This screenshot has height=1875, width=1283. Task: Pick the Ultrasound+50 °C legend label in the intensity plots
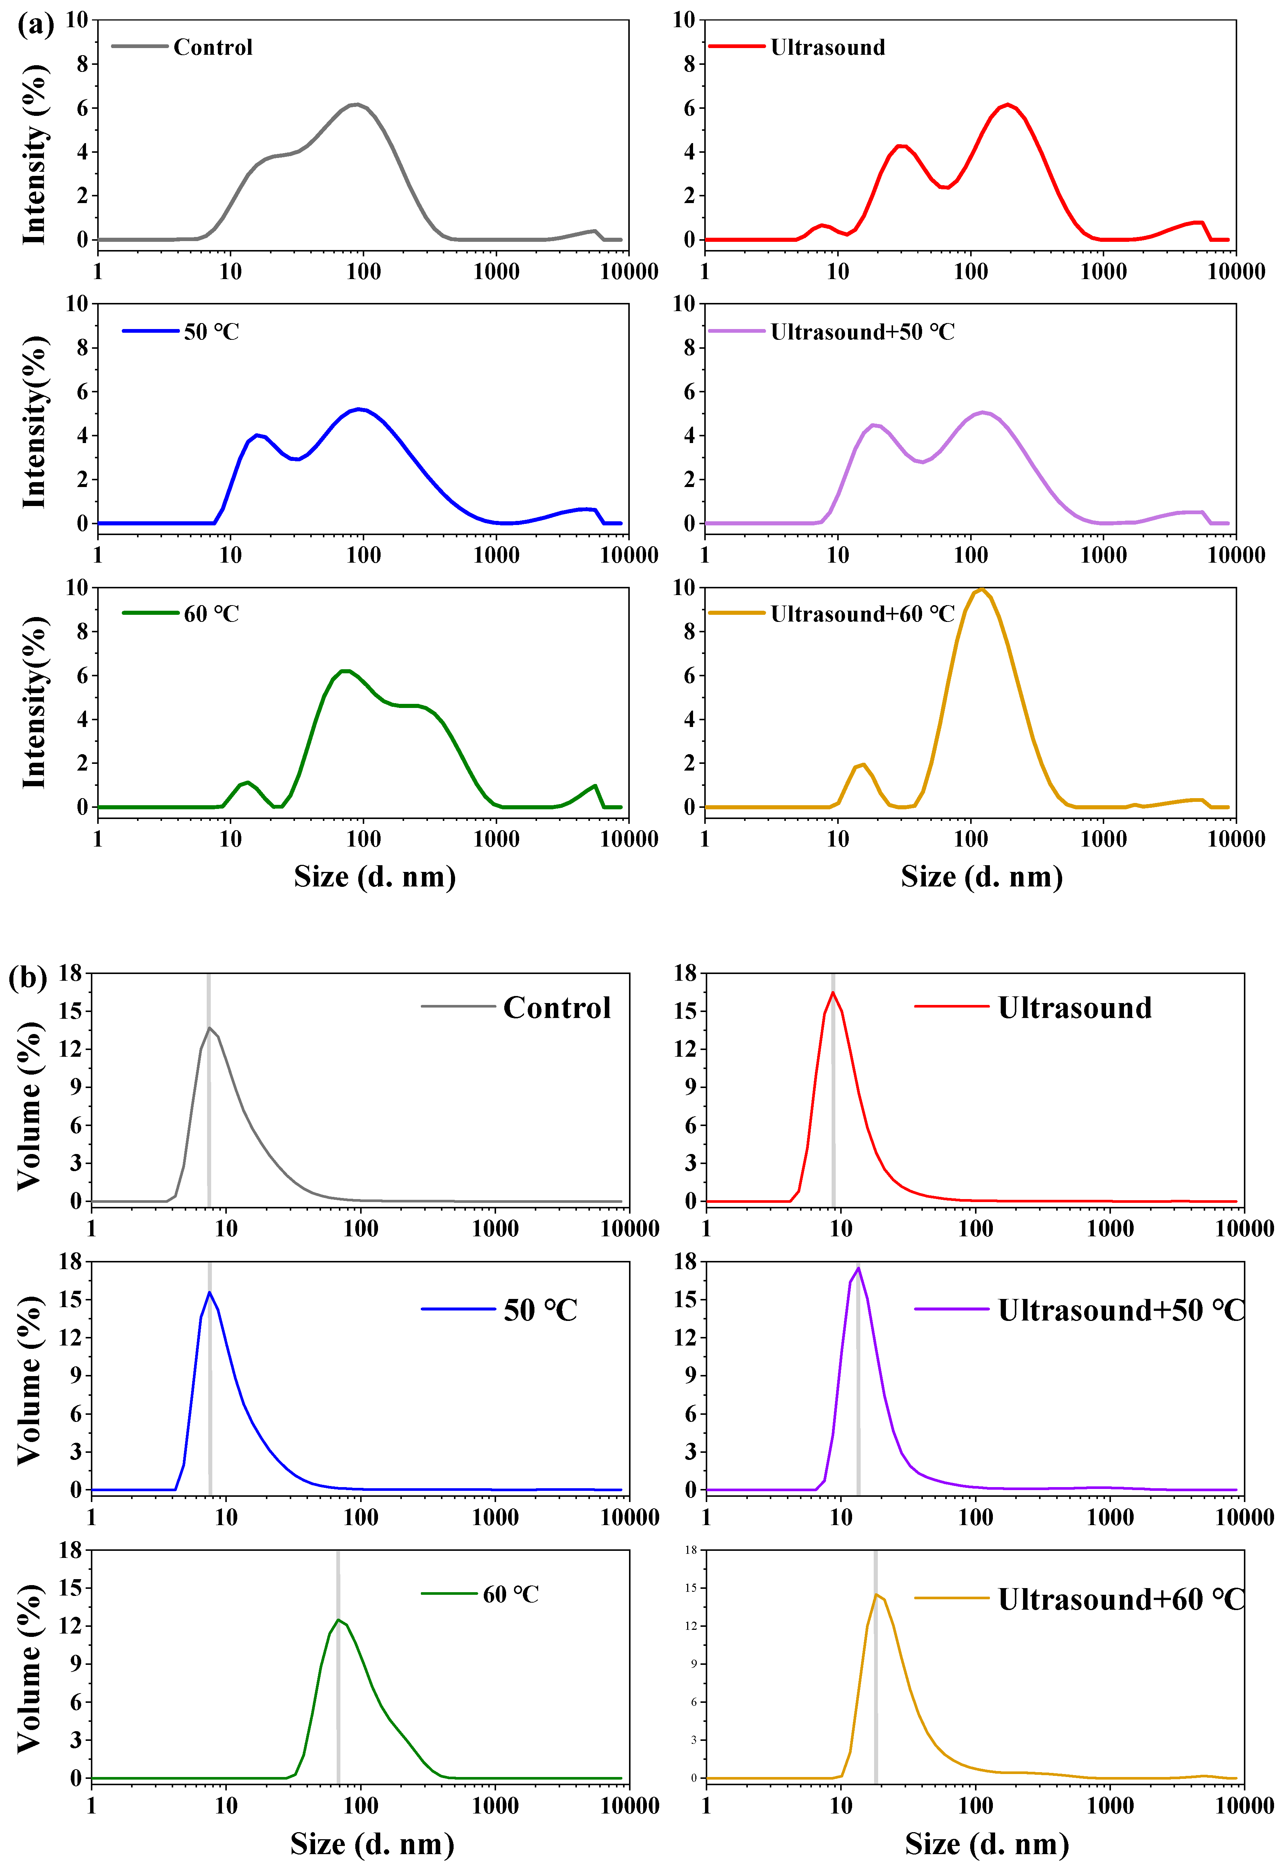[862, 332]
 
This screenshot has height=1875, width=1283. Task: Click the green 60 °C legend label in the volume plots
[511, 1594]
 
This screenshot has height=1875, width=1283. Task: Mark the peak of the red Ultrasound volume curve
[833, 992]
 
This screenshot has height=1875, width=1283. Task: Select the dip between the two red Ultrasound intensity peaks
[945, 187]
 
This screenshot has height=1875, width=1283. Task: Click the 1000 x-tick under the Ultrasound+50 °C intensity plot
[1103, 555]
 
